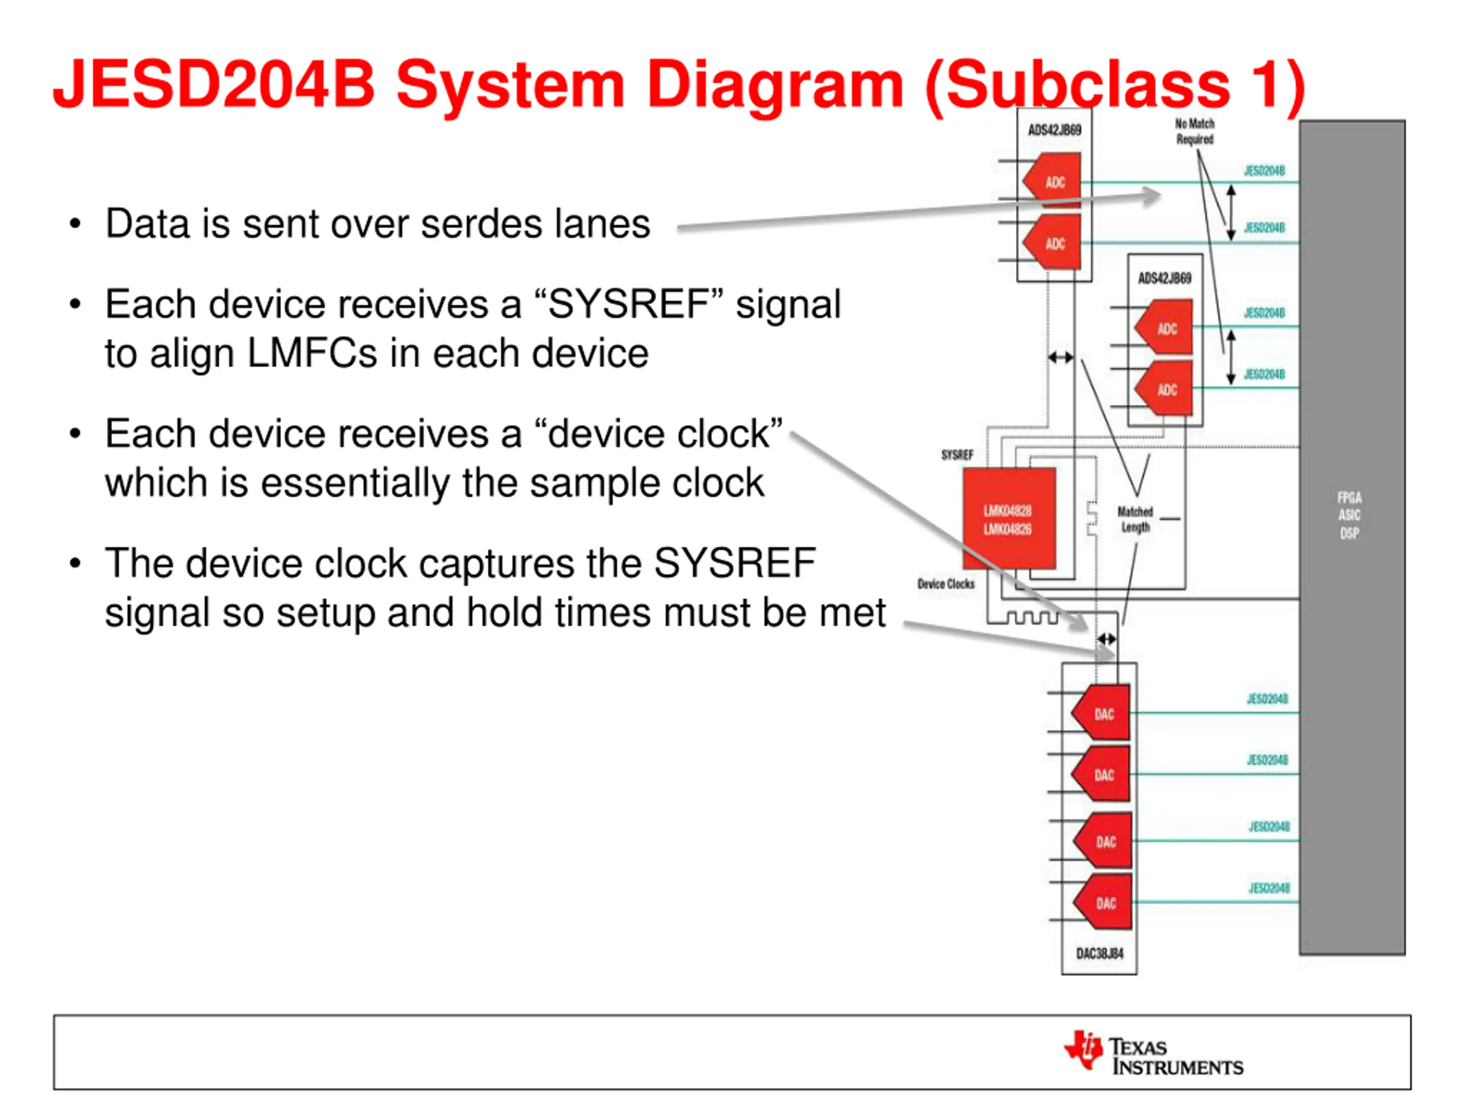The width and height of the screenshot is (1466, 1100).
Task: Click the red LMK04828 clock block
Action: click(1008, 518)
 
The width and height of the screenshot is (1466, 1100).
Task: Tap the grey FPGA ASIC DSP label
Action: click(1349, 515)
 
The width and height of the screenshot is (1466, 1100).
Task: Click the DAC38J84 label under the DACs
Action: click(1099, 953)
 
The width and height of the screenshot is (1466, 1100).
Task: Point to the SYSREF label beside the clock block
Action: click(957, 455)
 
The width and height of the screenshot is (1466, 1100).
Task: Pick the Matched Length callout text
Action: click(1135, 519)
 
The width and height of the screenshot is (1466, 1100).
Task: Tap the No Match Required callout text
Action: click(1194, 131)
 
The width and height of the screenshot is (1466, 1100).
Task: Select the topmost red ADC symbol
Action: click(1054, 180)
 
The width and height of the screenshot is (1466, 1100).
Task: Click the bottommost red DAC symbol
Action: click(1104, 902)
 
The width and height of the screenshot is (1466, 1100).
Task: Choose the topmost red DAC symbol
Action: click(1102, 713)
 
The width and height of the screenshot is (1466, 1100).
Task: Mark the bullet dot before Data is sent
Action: click(76, 224)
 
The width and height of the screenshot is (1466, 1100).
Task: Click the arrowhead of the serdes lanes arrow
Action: click(1152, 195)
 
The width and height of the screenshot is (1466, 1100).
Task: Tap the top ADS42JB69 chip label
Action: click(1054, 130)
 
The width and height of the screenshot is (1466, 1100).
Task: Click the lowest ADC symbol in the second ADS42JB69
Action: click(1165, 389)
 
